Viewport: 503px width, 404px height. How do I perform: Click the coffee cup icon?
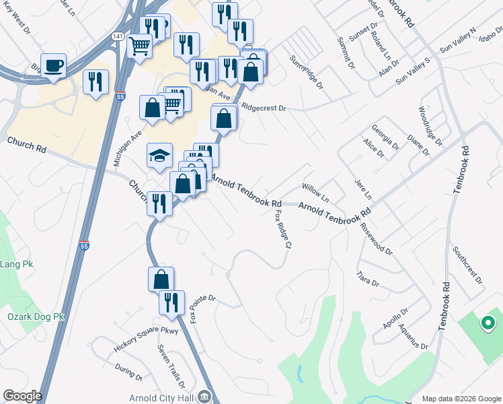coord(53,65)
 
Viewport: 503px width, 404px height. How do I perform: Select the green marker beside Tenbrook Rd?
coord(488,324)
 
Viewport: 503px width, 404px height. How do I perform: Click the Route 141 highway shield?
coord(118,36)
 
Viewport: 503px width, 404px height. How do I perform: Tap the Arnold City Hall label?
coord(163,397)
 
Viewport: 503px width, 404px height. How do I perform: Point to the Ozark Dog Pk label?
coord(35,316)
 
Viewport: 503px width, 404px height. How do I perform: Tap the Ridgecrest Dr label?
coord(264,107)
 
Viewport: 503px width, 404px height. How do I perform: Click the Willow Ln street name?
coord(315,191)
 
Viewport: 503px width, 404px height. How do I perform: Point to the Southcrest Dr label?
coord(467,264)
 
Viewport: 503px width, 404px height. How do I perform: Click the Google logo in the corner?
coord(22,396)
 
